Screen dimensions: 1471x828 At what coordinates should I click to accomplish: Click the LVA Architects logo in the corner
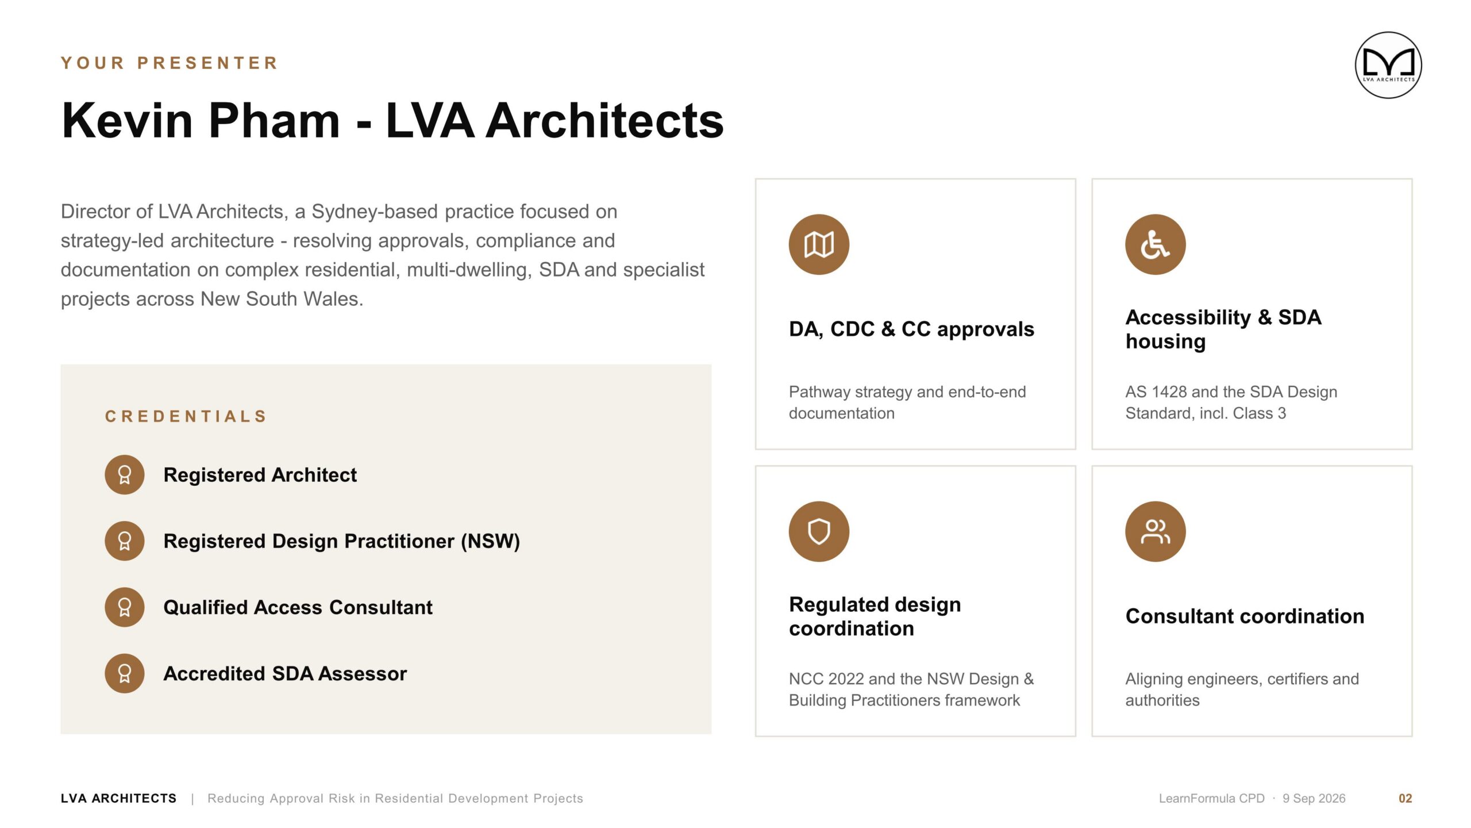tap(1388, 65)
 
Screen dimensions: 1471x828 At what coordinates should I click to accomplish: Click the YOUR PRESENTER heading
tap(170, 63)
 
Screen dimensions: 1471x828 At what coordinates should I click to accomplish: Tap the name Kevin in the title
tap(127, 120)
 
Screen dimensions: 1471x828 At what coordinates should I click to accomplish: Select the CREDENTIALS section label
tap(186, 416)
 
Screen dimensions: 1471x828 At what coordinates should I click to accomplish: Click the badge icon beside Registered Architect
tap(125, 475)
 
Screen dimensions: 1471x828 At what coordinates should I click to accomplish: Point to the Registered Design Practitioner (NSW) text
tap(342, 541)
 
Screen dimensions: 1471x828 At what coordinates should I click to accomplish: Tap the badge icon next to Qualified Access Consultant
tap(125, 607)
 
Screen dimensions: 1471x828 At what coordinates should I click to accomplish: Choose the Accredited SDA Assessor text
tap(285, 673)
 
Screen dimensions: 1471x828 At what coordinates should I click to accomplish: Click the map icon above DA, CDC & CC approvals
tap(819, 244)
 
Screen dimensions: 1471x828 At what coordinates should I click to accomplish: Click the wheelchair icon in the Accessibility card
tap(1156, 244)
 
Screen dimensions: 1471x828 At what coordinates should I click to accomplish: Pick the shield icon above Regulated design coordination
tap(819, 531)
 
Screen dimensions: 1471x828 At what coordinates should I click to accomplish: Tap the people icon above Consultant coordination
tap(1156, 531)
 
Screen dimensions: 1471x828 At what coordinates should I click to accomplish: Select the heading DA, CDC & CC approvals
tap(911, 329)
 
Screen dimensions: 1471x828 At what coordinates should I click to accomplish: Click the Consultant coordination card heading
tap(1245, 616)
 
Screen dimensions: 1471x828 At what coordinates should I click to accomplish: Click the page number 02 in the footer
tap(1405, 799)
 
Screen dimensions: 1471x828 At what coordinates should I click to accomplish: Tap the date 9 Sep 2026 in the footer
tap(1314, 799)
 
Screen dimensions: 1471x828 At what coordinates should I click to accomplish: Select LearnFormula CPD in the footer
tap(1211, 799)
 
